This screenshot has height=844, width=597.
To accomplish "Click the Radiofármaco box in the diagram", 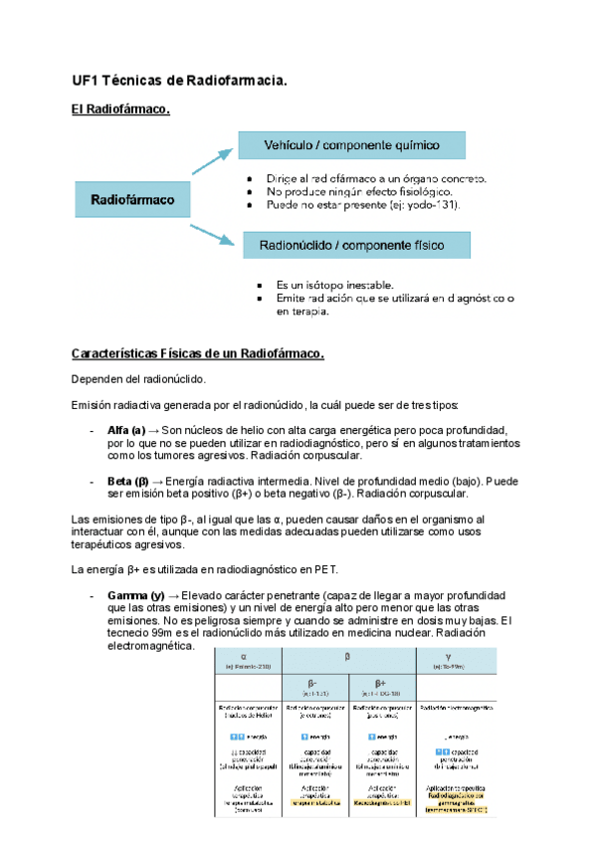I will click(x=133, y=200).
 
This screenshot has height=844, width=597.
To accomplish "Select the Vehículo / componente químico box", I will click(x=351, y=145).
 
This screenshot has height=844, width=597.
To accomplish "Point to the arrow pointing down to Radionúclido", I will click(x=213, y=233).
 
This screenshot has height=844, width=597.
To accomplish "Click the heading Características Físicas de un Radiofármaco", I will click(x=198, y=353).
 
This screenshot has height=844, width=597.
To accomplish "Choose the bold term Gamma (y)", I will click(x=136, y=595).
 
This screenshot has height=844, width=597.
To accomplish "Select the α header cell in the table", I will click(x=249, y=660).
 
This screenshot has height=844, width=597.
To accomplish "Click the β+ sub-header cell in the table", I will click(x=383, y=687).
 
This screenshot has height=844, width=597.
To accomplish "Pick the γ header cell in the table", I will click(x=455, y=660).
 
